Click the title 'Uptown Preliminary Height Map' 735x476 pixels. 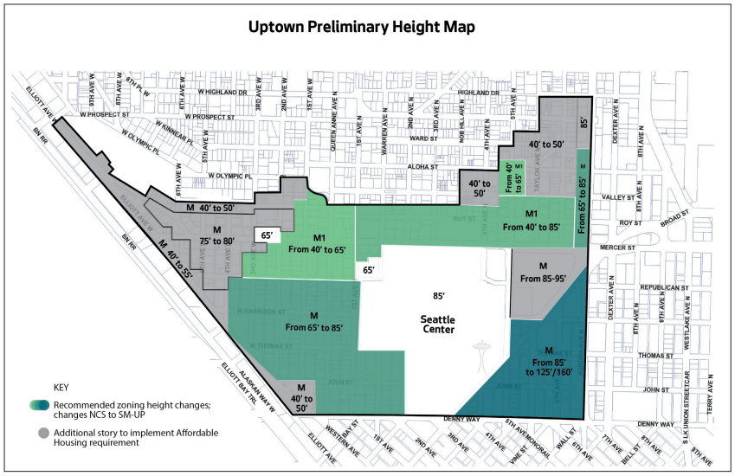click(367, 27)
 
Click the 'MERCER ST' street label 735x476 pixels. click(618, 248)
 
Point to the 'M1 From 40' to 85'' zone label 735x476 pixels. click(531, 220)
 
